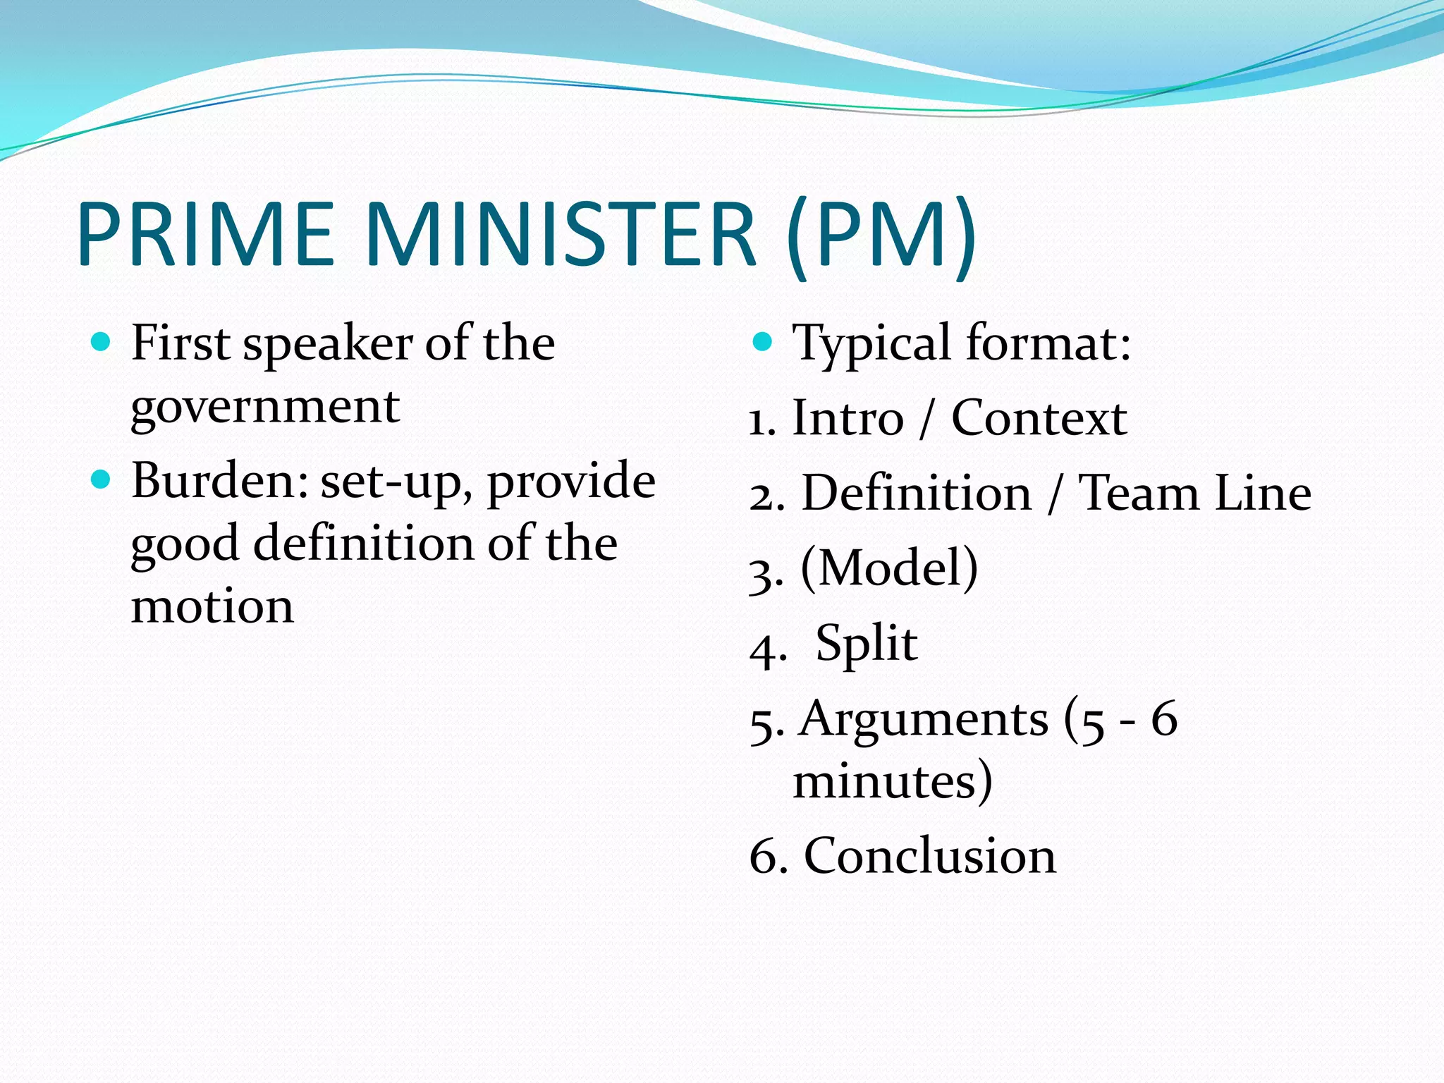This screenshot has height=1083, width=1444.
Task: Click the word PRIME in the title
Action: pyautogui.click(x=205, y=234)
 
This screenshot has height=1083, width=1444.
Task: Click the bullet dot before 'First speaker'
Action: pyautogui.click(x=102, y=343)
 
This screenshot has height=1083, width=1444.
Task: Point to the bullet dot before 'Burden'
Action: pyautogui.click(x=102, y=480)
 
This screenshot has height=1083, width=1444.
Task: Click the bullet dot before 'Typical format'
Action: pyautogui.click(x=762, y=343)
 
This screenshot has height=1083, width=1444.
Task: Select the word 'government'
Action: pyautogui.click(x=265, y=408)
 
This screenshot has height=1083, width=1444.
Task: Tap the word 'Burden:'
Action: pyautogui.click(x=219, y=480)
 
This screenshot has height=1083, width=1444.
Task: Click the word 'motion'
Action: pyautogui.click(x=212, y=606)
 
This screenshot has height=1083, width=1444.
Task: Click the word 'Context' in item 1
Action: pyautogui.click(x=1039, y=418)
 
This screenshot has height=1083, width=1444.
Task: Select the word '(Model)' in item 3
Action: pyautogui.click(x=889, y=568)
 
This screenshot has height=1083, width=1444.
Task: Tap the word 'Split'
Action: pyautogui.click(x=867, y=644)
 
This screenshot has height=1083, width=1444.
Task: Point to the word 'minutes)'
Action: pyautogui.click(x=893, y=781)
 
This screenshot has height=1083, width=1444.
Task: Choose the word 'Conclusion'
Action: pyautogui.click(x=930, y=856)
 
